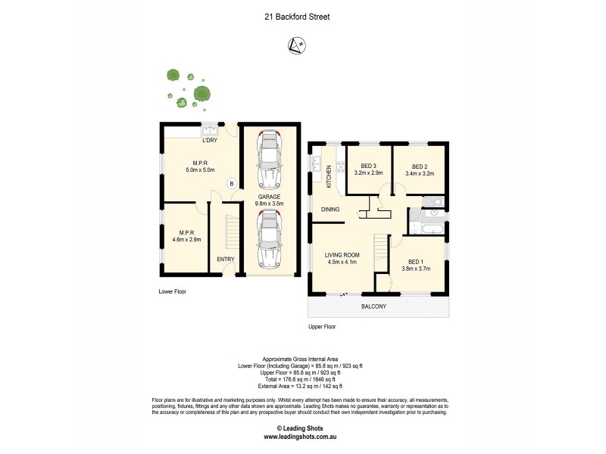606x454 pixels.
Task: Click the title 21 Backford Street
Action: tap(302, 17)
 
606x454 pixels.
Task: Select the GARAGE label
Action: tap(269, 197)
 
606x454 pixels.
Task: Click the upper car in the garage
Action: tap(268, 160)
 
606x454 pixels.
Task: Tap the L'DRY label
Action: tap(210, 140)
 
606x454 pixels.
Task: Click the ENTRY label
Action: tap(226, 260)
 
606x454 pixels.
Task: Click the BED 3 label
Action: tap(368, 166)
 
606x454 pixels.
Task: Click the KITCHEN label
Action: tap(329, 176)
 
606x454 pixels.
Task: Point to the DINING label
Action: tap(330, 210)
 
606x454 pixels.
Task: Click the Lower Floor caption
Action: tap(172, 291)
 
